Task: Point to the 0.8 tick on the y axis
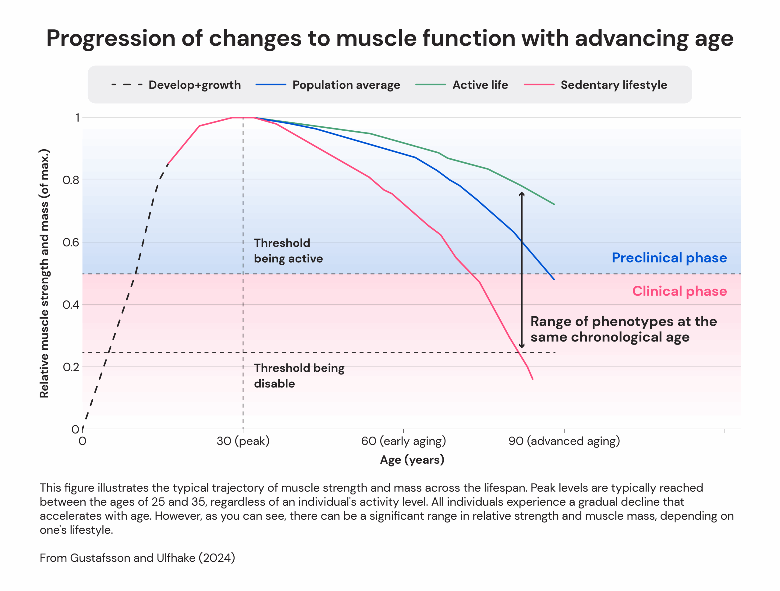click(x=71, y=180)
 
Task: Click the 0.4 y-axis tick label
click(x=71, y=305)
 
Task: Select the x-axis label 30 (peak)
click(x=243, y=441)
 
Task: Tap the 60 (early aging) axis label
click(x=403, y=441)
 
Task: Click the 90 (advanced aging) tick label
click(x=564, y=441)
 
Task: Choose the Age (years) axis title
click(x=412, y=459)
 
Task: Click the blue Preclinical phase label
click(x=669, y=258)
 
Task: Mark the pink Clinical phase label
click(x=679, y=291)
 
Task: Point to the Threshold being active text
click(x=288, y=251)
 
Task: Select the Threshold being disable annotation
click(x=299, y=376)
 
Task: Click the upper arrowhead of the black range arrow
click(x=522, y=193)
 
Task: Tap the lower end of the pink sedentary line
click(x=532, y=379)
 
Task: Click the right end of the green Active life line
click(x=554, y=204)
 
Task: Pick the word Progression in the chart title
click(x=110, y=38)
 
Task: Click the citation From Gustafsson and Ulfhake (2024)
click(x=137, y=558)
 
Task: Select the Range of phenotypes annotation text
click(x=623, y=329)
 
